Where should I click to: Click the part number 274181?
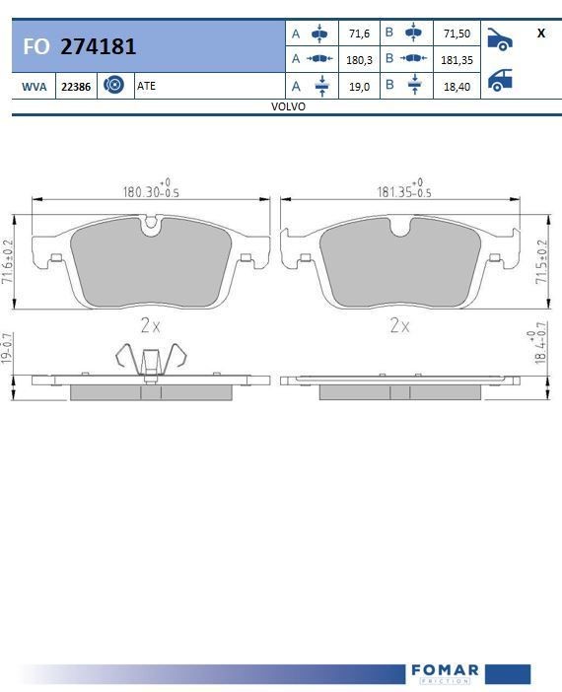tap(98, 46)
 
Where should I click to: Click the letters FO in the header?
tap(36, 46)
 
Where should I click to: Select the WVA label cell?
tap(34, 87)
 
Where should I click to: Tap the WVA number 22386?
tap(76, 87)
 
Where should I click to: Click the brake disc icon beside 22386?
tap(113, 86)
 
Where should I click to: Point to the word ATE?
tap(146, 86)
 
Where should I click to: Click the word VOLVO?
tap(288, 106)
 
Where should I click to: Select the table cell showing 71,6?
tap(359, 34)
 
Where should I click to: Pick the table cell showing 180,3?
tap(359, 59)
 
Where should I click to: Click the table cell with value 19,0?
tap(359, 87)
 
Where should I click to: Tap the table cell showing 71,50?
tap(456, 34)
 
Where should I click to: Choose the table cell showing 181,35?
tap(456, 59)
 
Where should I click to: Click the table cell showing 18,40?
tap(456, 87)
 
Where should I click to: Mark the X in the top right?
tap(541, 34)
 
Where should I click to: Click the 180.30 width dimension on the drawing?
tap(146, 191)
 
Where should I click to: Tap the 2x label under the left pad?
tap(150, 324)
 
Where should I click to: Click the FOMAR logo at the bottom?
tap(444, 672)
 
